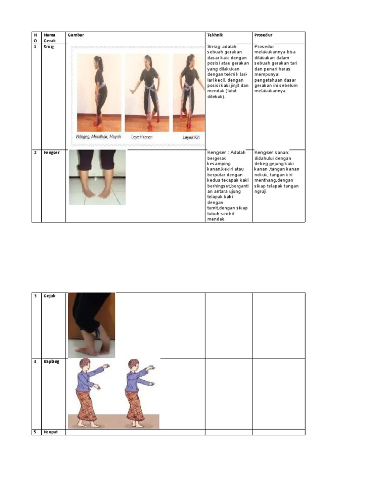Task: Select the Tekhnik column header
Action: [215, 35]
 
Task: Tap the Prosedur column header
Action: [264, 35]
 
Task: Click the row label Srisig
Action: [49, 47]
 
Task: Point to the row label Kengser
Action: [51, 153]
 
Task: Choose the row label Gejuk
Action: [49, 296]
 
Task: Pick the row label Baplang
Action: [51, 361]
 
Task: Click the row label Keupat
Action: [50, 432]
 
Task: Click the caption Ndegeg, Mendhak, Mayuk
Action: [98, 137]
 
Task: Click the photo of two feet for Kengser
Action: [97, 177]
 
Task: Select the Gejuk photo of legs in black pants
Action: [91, 325]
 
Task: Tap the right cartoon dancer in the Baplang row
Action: [137, 394]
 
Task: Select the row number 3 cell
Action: [36, 296]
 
